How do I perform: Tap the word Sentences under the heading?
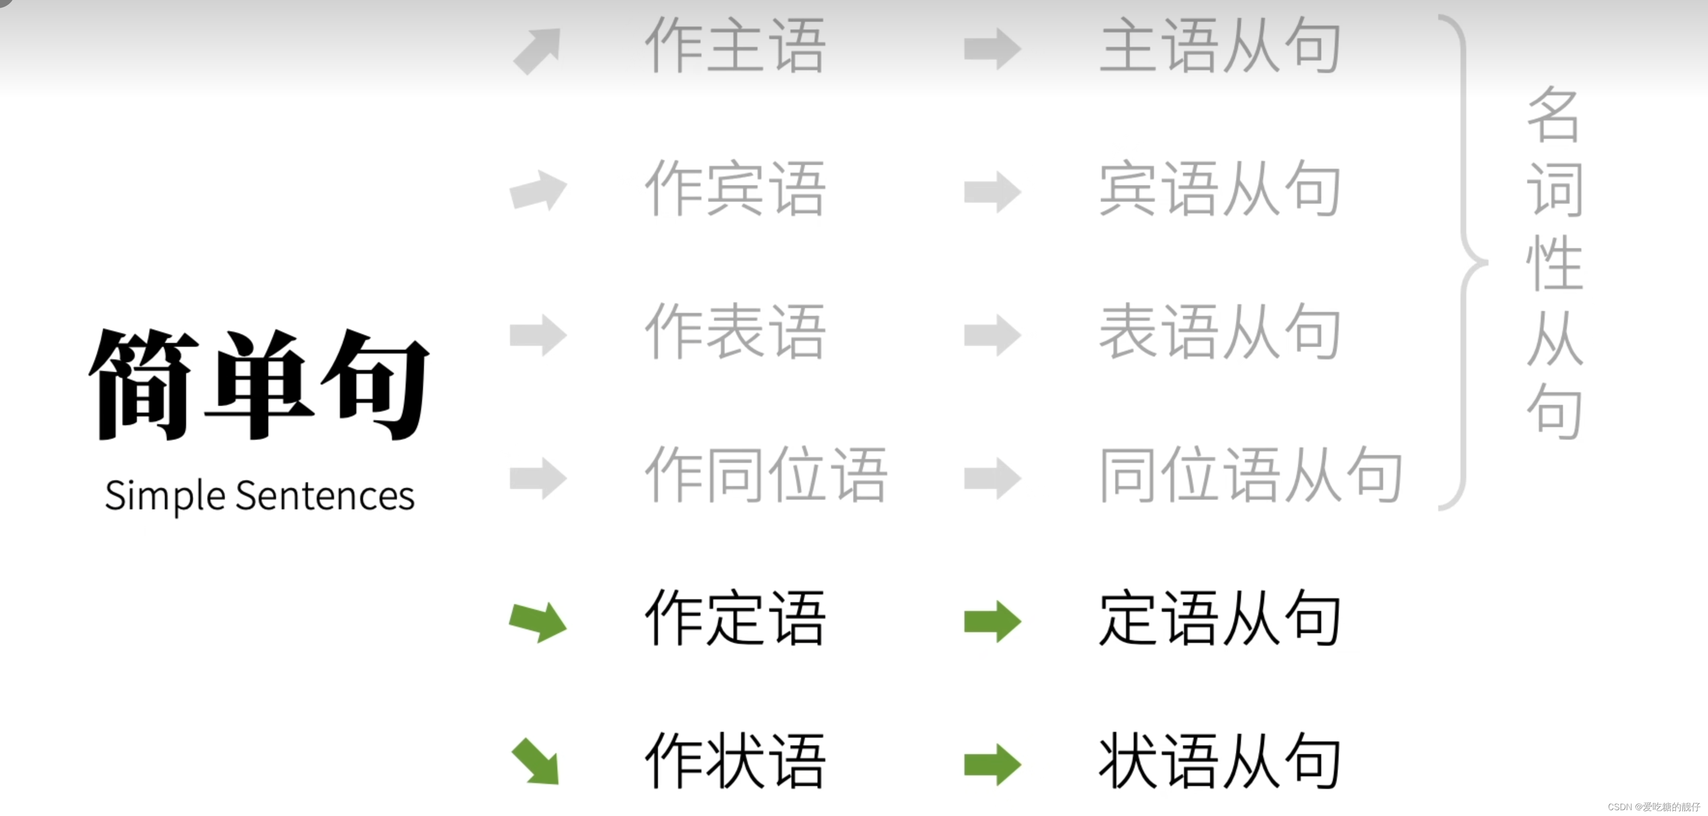(325, 496)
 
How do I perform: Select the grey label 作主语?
(735, 46)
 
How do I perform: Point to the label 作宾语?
(735, 189)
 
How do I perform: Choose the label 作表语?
(735, 332)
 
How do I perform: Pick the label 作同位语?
(766, 475)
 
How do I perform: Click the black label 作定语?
(735, 618)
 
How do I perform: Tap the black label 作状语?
(735, 762)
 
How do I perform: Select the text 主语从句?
(1220, 46)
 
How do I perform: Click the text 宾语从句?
(1220, 189)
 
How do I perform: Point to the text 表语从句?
(1220, 332)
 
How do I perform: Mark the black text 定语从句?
(1220, 618)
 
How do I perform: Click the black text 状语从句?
(1220, 762)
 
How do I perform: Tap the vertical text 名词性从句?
(1555, 262)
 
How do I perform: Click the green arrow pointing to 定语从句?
(993, 622)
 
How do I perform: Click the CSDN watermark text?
(1654, 807)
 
